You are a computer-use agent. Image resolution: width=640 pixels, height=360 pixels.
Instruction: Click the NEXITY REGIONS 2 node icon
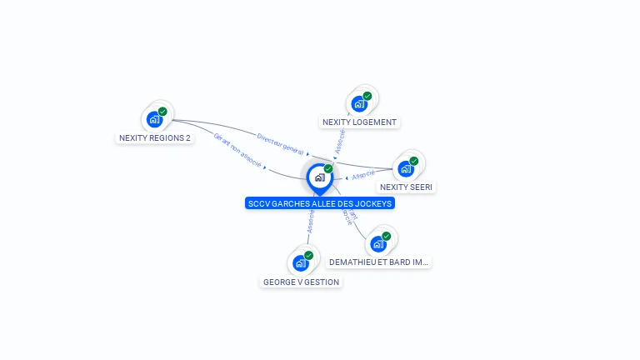point(154,119)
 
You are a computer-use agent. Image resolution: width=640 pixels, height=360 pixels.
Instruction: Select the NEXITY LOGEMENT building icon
point(359,104)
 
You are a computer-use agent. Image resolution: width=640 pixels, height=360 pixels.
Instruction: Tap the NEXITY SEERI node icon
point(406,168)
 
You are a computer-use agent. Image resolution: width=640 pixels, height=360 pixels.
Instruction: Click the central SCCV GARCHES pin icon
point(319,177)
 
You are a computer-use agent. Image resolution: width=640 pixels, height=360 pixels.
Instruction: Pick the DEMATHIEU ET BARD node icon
point(378,244)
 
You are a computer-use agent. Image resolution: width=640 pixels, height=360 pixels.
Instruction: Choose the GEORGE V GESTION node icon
point(301,263)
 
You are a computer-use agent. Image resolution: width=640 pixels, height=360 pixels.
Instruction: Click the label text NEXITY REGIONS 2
point(155,138)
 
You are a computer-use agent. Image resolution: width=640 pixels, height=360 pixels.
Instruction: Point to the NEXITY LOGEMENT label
point(359,122)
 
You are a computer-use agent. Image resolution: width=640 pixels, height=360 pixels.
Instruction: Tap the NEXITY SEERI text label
point(406,187)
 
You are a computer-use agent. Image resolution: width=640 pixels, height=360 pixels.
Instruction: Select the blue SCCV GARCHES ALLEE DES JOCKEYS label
point(320,203)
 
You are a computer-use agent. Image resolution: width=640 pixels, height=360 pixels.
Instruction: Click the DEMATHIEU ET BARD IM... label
point(379,262)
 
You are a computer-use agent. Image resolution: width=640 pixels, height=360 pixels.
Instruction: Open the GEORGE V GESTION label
point(301,282)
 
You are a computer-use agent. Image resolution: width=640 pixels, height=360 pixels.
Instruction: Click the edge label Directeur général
point(280,142)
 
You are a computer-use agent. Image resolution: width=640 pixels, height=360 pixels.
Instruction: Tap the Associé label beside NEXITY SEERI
point(363,176)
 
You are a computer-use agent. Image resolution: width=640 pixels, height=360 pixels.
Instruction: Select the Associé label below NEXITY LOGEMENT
point(339,141)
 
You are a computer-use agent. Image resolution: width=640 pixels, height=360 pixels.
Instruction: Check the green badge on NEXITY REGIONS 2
point(162,111)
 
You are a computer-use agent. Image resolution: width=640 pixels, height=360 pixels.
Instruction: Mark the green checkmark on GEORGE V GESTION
point(308,255)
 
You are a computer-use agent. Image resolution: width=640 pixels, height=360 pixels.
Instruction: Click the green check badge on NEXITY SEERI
point(413,161)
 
